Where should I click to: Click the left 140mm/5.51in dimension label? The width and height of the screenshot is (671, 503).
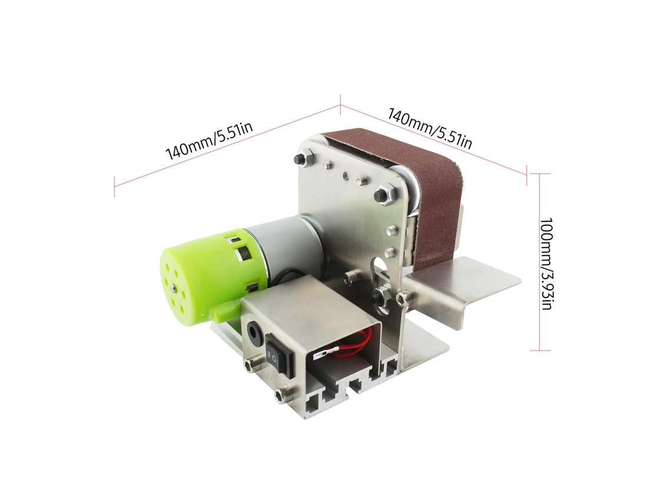209,141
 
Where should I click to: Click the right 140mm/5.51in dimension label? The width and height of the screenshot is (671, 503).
430,128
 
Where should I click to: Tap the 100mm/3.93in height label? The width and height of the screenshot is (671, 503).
547,264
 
